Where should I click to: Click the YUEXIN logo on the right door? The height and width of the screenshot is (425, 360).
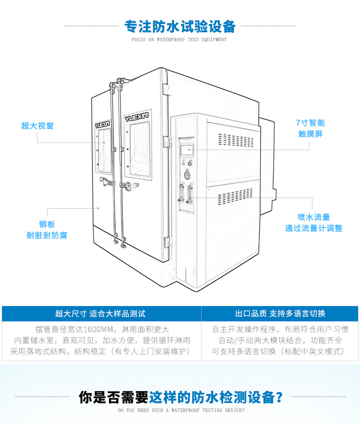(137, 117)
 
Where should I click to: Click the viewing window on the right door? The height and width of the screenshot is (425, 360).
(137, 146)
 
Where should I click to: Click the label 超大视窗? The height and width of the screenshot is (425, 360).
(37, 126)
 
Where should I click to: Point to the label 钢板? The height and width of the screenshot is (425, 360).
(47, 224)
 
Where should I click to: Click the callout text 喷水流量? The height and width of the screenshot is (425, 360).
(313, 217)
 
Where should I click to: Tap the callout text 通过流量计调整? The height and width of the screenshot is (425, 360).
(313, 228)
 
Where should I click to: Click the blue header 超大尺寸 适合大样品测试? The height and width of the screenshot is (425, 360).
(100, 314)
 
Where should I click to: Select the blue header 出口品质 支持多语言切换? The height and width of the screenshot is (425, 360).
(280, 314)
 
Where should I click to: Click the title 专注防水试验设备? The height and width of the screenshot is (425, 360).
(180, 25)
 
